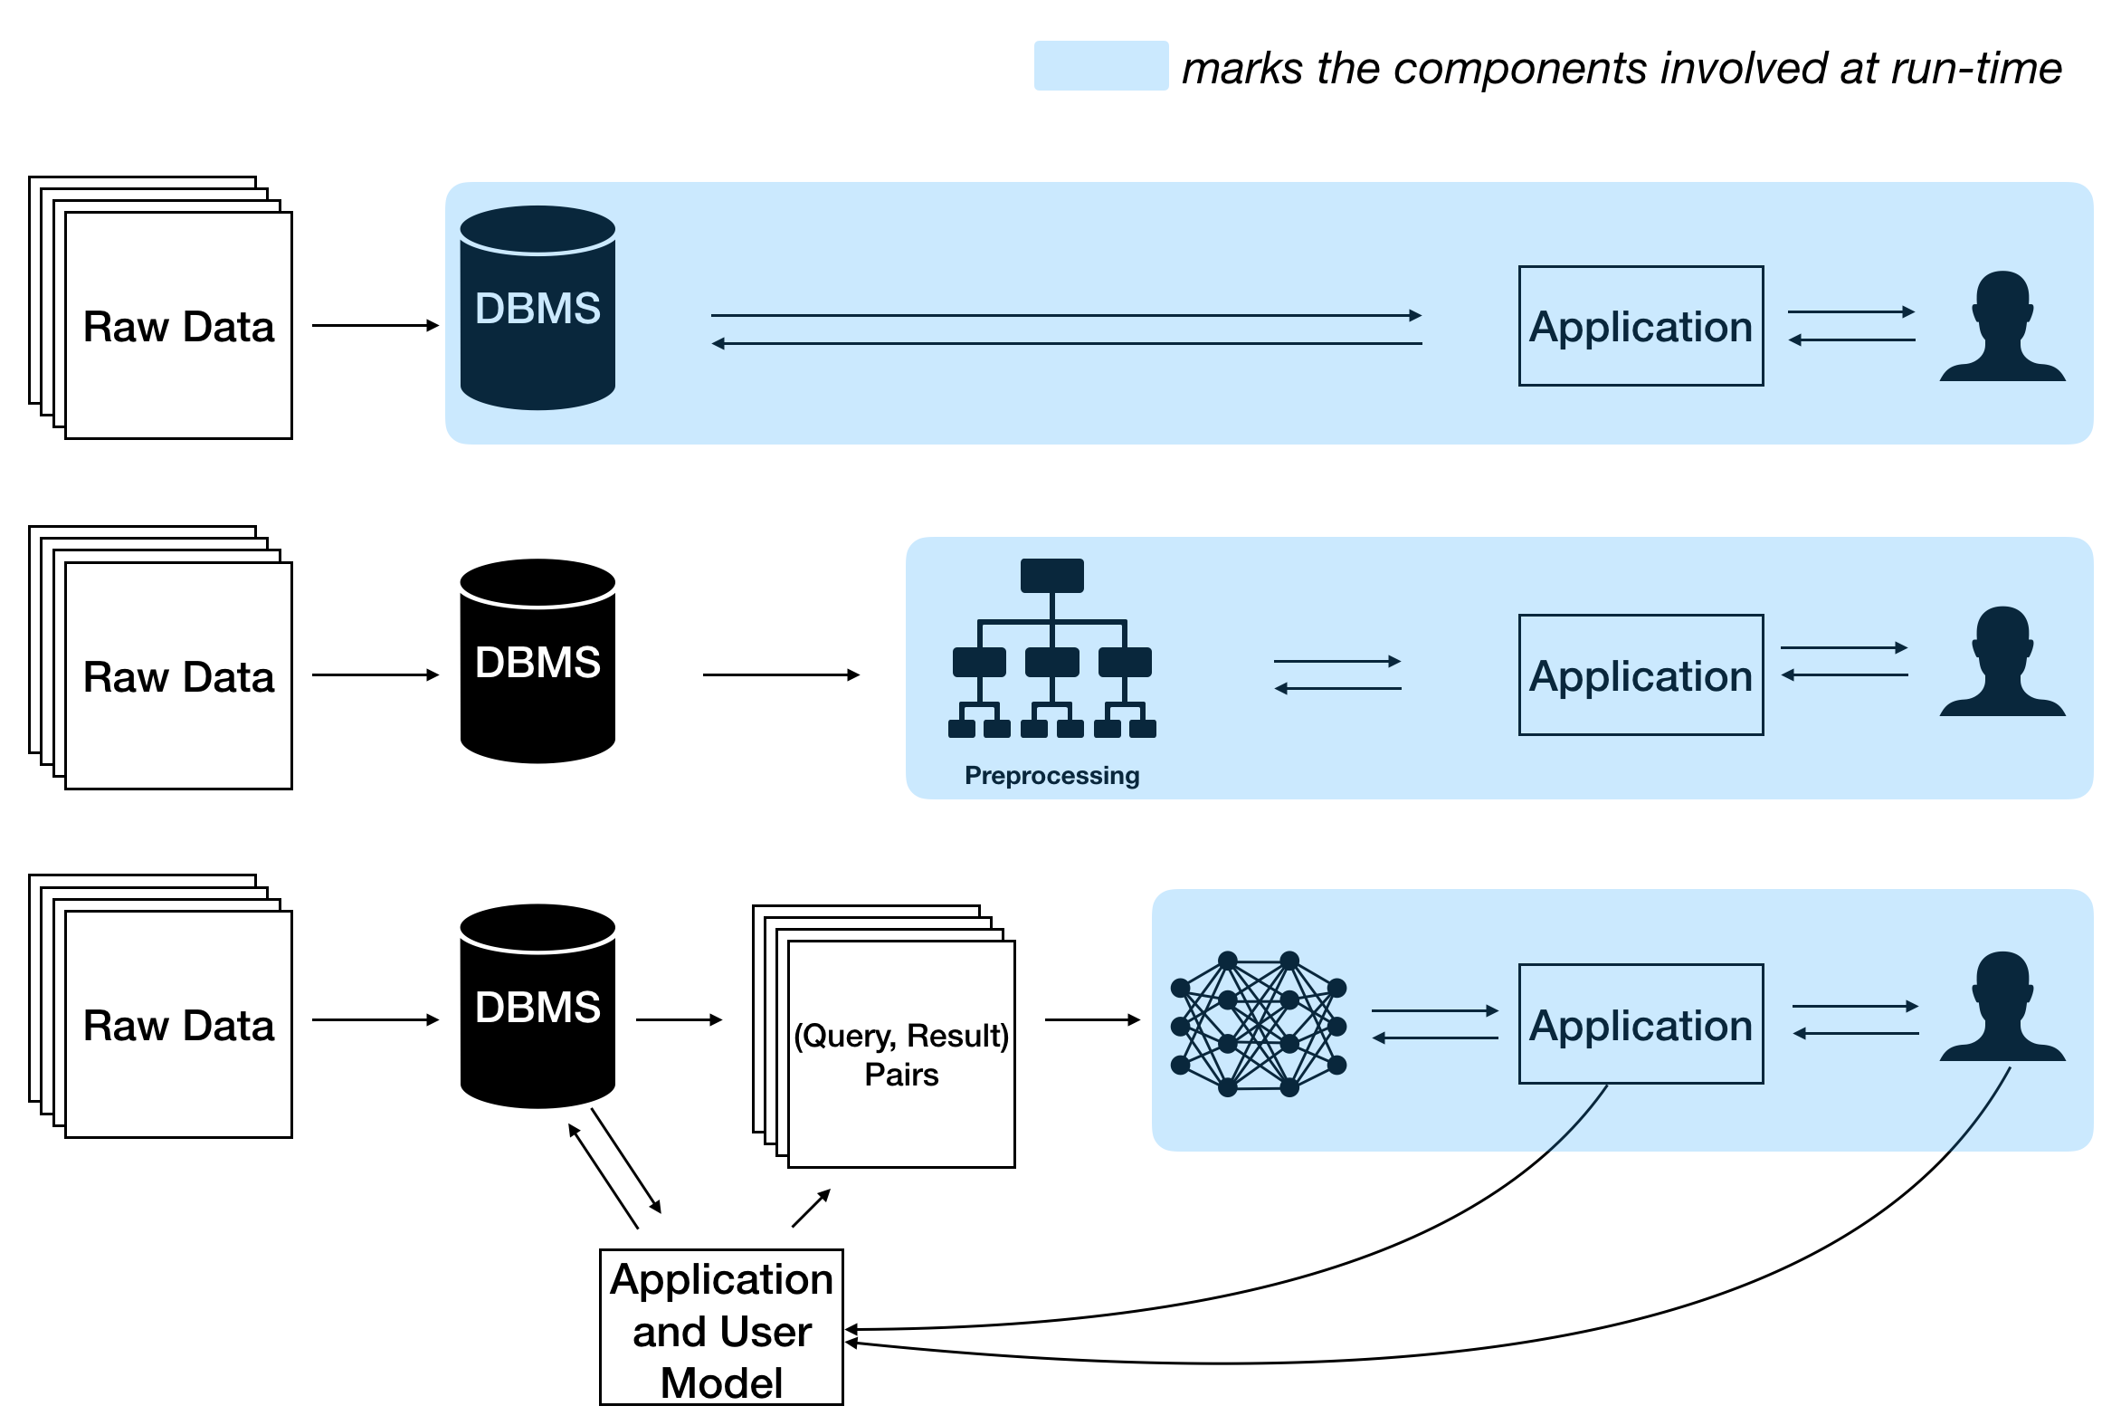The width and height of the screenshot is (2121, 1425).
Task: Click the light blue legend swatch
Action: pos(1100,65)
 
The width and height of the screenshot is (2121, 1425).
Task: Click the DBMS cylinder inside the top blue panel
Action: pos(537,308)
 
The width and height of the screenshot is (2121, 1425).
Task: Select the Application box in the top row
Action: pos(1640,326)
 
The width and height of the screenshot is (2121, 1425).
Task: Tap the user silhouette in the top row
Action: pos(2002,326)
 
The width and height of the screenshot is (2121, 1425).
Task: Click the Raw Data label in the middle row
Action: pos(178,677)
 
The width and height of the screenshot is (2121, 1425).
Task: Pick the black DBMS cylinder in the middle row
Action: pos(537,662)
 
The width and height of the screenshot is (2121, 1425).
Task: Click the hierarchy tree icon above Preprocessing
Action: pos(1051,648)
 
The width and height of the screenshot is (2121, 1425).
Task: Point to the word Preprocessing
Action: pos(1051,776)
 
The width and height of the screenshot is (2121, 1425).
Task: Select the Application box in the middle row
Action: pos(1640,675)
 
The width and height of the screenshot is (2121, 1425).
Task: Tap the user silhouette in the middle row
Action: pos(2002,663)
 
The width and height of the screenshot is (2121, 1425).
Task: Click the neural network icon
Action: pos(1258,1024)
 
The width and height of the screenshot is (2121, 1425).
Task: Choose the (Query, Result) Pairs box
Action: pos(900,1054)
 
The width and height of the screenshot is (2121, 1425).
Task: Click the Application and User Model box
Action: pos(721,1328)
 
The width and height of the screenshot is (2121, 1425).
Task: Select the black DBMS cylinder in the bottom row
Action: pos(537,1006)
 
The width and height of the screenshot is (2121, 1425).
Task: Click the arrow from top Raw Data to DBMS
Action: pos(375,325)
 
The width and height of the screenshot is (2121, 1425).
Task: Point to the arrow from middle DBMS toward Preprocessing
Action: pos(780,675)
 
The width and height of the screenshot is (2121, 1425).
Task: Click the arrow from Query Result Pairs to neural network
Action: pos(1092,1020)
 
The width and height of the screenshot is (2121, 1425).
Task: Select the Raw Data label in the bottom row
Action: pos(178,1026)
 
